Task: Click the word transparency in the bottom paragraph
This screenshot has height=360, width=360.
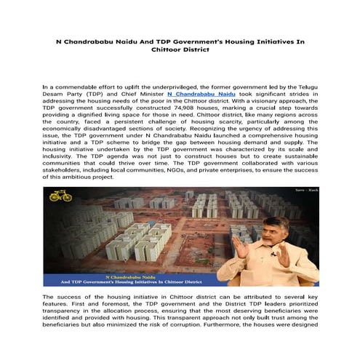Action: point(65,314)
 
